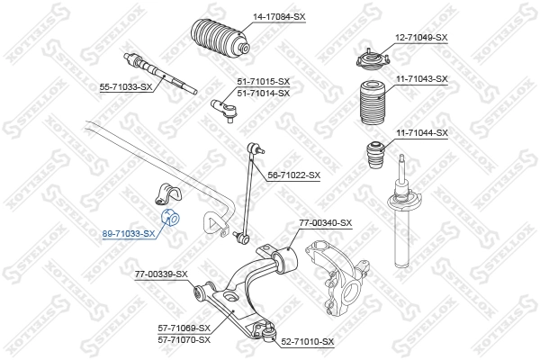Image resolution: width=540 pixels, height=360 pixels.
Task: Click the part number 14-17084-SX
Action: point(273,16)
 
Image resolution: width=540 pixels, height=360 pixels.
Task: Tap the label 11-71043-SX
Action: point(421,79)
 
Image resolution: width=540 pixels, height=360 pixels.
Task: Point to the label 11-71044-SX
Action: point(421,133)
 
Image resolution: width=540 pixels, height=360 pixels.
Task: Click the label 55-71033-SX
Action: point(126,86)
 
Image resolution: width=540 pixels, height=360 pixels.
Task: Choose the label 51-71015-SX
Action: point(263,81)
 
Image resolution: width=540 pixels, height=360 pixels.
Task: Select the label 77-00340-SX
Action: point(326,222)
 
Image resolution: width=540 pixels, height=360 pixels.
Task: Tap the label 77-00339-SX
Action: point(161,274)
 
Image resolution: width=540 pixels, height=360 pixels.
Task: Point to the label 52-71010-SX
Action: point(307,342)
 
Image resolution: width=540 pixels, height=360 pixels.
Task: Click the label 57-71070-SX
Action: point(183,339)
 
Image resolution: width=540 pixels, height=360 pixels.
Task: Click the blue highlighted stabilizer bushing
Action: point(170,218)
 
